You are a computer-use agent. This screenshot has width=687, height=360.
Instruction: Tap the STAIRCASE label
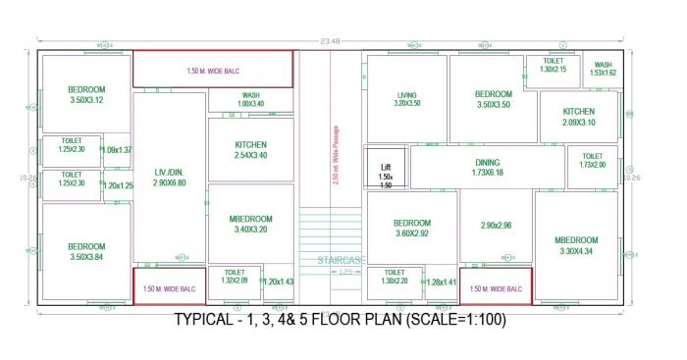pos(341,260)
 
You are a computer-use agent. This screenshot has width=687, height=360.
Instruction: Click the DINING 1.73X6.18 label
pos(488,168)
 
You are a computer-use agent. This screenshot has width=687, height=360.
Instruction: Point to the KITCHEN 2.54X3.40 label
pos(251,150)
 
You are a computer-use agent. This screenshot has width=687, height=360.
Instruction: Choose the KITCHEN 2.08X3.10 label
pos(580,117)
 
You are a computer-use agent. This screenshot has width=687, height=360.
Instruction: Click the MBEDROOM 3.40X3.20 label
pos(250,224)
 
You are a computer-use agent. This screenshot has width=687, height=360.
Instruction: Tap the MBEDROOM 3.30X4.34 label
pos(576,245)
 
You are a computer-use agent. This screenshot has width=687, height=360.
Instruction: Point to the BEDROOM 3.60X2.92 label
pos(412,229)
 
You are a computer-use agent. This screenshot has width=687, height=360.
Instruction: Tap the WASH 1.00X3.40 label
pos(250,100)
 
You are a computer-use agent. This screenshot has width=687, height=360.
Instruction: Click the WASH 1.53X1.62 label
pos(603,69)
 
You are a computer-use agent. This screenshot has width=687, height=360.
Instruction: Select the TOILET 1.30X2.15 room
pos(553,66)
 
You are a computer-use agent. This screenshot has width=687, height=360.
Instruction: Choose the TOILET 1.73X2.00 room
pos(593,161)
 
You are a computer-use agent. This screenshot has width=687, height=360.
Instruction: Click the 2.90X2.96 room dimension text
pos(496,227)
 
